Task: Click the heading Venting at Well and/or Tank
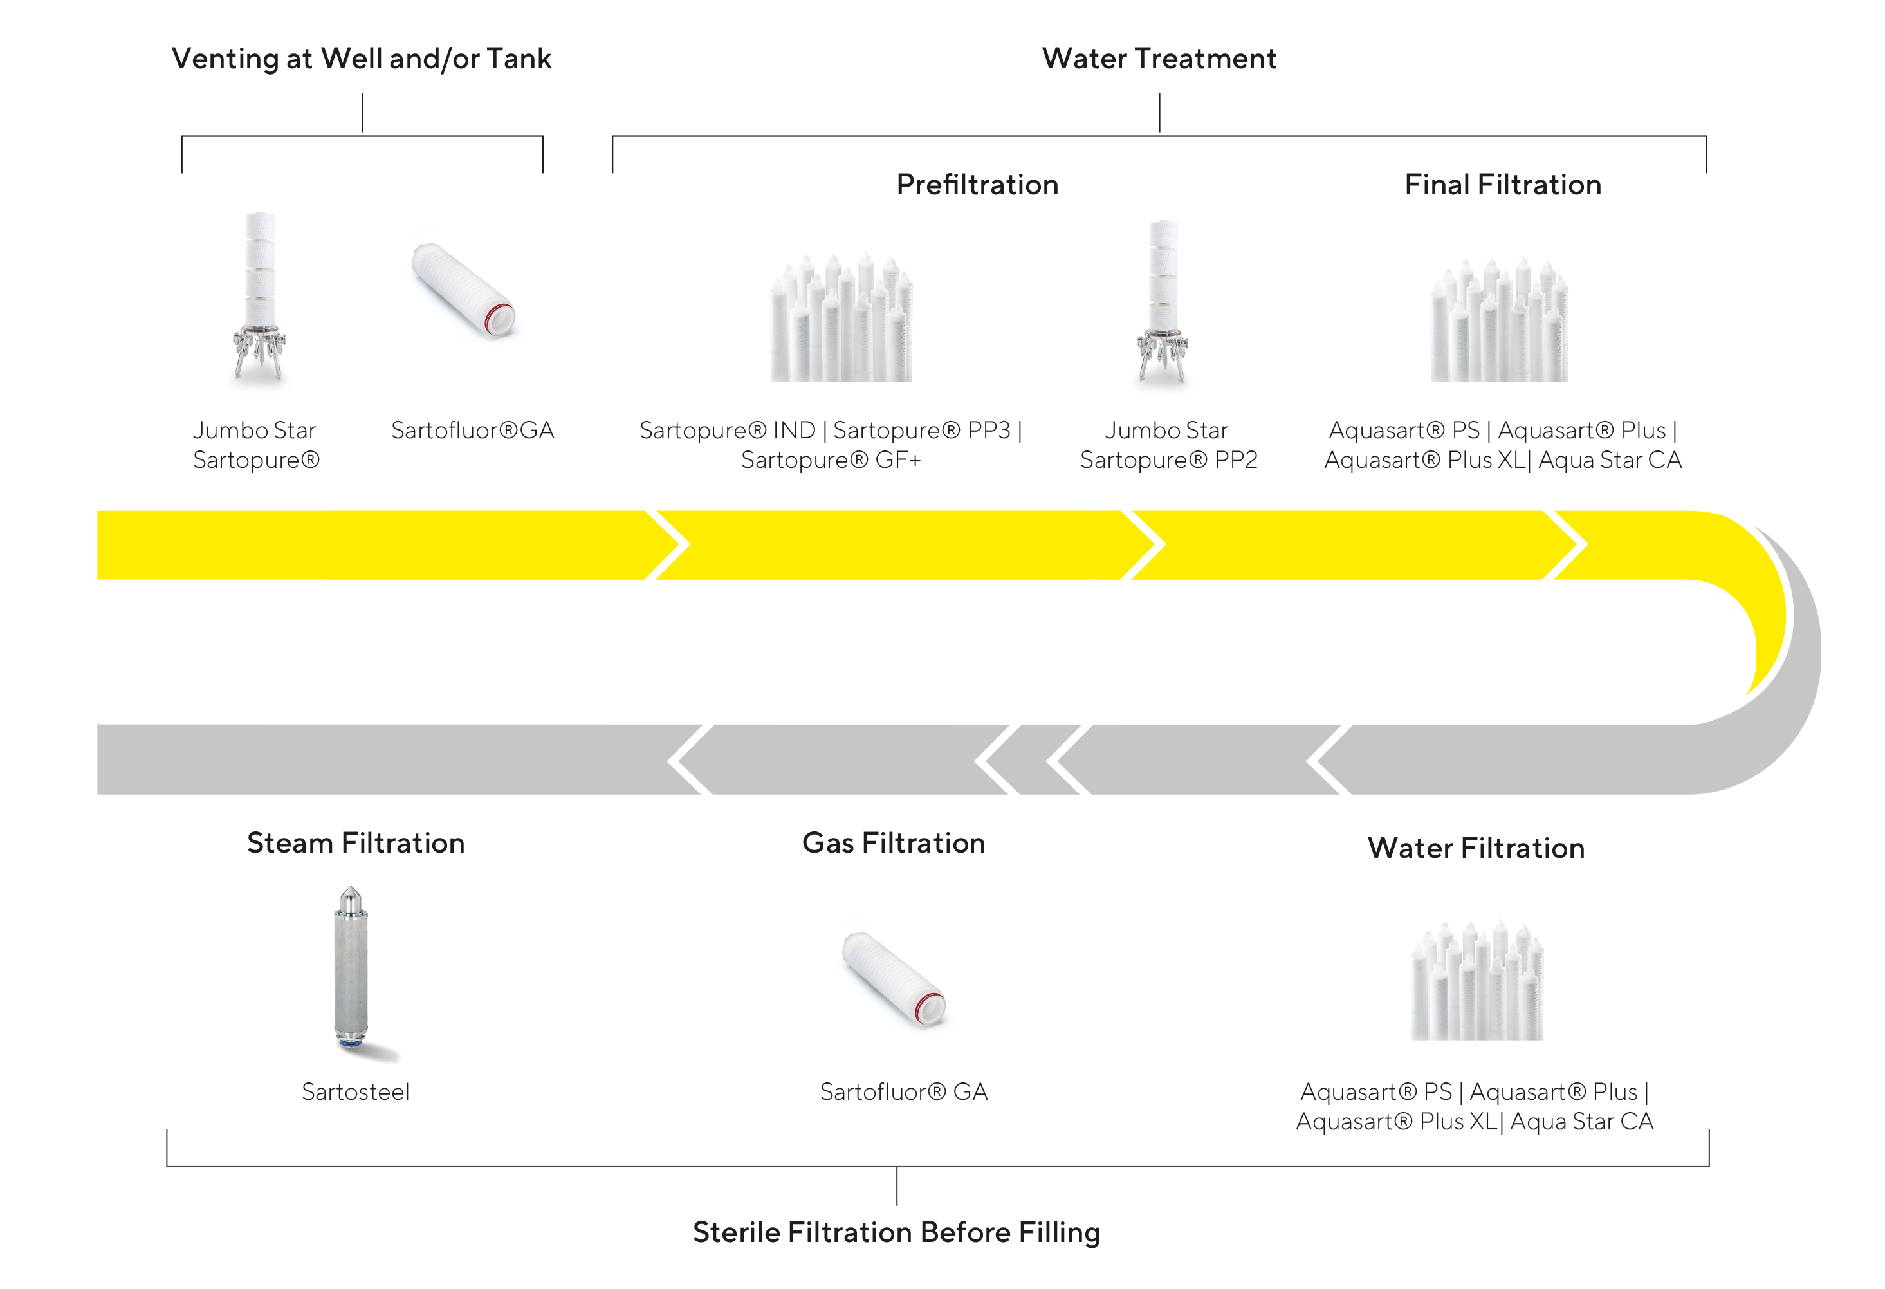(x=361, y=59)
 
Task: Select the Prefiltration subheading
(x=977, y=185)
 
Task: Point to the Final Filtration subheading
(x=1502, y=185)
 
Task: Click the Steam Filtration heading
(x=355, y=843)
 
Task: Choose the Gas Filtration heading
(x=893, y=843)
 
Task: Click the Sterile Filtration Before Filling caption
(x=896, y=1232)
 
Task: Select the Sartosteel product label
(x=355, y=1092)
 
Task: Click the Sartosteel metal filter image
(x=351, y=969)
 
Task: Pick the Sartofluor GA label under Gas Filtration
(x=903, y=1092)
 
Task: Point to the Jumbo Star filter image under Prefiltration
(x=1163, y=300)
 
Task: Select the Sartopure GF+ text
(x=831, y=460)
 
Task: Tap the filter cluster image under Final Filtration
(x=1499, y=321)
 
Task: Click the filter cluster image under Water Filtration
(x=1477, y=981)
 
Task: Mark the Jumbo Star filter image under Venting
(x=259, y=296)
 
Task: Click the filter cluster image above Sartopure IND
(x=841, y=319)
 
